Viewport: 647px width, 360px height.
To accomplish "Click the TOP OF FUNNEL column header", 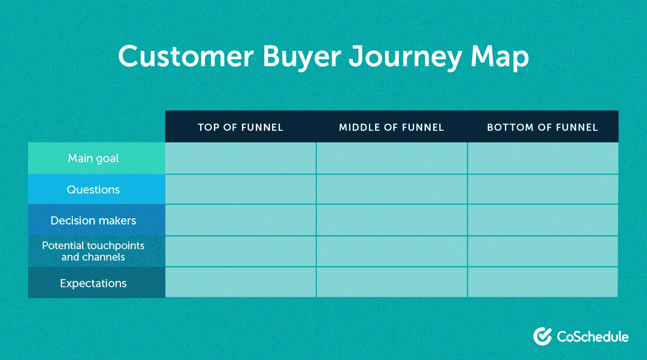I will pos(240,127).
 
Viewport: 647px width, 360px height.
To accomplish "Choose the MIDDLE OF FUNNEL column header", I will pos(391,127).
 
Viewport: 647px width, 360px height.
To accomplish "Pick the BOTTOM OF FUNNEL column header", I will pos(542,127).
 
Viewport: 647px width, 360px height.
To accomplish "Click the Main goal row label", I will pos(93,159).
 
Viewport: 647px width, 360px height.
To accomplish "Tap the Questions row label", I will pos(93,190).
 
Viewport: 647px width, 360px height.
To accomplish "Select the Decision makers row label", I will pos(93,220).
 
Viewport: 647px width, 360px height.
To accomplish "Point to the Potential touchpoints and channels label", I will pos(93,252).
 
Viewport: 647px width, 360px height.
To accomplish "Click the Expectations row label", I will pos(93,283).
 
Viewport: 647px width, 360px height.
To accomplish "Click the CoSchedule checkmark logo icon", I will pos(542,336).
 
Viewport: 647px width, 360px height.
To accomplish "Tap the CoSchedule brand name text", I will pos(592,337).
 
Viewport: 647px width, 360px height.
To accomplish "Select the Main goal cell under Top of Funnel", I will pos(240,159).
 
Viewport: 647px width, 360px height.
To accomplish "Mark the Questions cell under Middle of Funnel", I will pos(391,190).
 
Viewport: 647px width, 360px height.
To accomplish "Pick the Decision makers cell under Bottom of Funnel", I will pos(542,220).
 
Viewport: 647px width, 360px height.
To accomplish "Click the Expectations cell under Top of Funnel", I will pos(240,283).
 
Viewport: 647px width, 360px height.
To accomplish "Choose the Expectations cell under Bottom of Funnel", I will pos(542,283).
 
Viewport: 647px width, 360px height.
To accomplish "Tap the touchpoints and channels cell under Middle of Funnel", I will pos(391,252).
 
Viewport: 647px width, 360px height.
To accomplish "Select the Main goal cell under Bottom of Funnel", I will pos(542,159).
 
